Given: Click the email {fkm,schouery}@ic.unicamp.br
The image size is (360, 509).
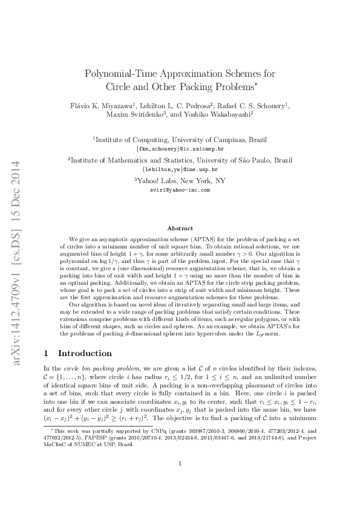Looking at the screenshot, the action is (x=180, y=148).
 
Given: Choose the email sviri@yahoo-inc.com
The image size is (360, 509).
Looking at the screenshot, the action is (x=180, y=189).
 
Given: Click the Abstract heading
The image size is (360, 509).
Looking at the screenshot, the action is (x=180, y=229).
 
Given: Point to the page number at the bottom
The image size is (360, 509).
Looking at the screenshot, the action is (x=180, y=481).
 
